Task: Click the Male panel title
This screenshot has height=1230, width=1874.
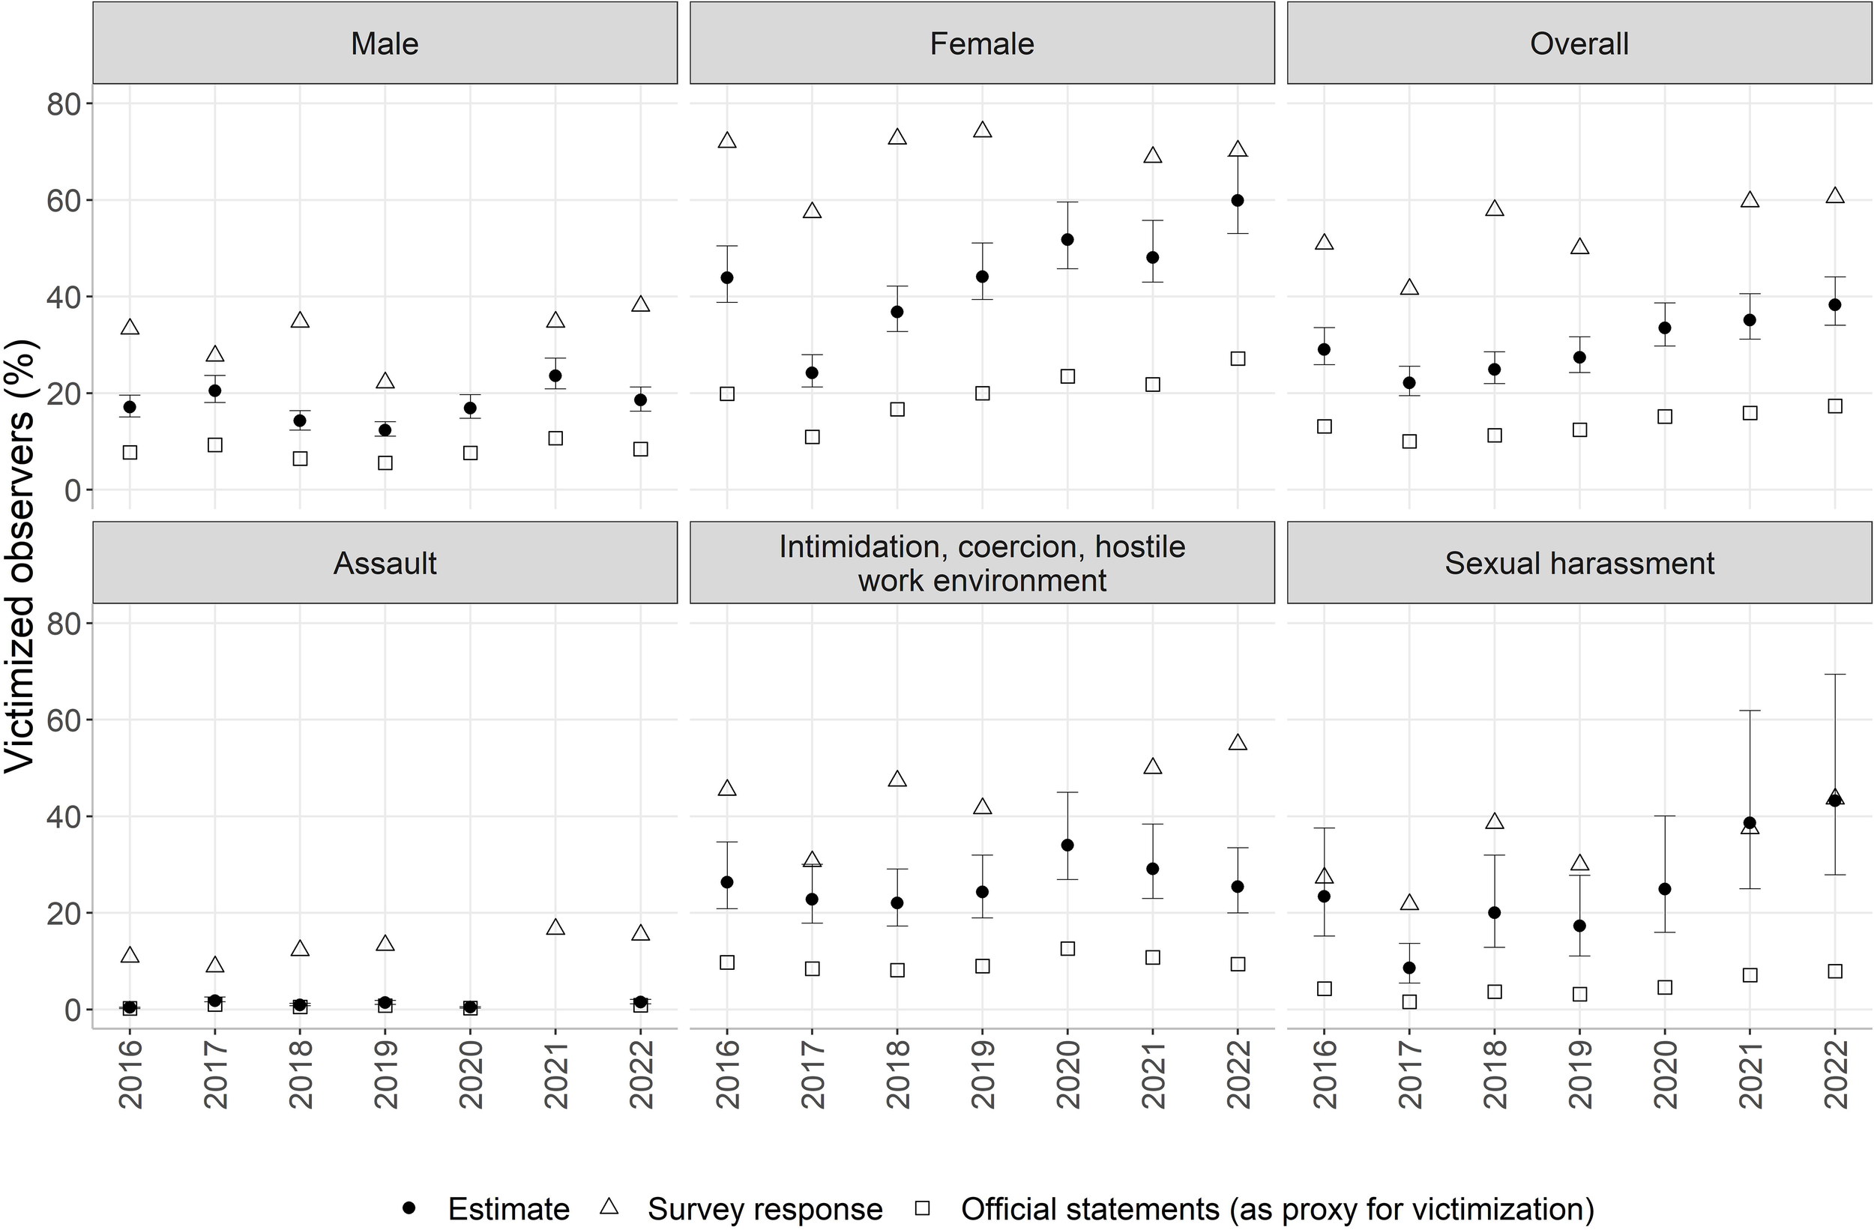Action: click(385, 43)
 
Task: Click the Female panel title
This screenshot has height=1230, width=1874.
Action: click(981, 43)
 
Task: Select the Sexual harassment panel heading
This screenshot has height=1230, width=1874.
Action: click(1579, 563)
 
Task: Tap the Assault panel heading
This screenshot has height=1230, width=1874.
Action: click(385, 563)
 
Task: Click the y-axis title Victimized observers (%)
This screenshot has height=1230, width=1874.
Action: click(19, 556)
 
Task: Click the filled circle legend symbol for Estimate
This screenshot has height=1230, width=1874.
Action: click(409, 1208)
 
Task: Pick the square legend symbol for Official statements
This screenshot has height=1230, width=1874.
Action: click(922, 1208)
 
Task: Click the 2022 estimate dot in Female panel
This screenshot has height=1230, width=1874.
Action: click(1237, 201)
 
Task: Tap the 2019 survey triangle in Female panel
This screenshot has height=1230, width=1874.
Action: click(982, 130)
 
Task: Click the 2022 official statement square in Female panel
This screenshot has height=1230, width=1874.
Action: click(1237, 358)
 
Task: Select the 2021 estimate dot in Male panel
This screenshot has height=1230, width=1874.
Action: click(555, 376)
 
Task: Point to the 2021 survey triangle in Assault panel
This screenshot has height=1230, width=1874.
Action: click(555, 928)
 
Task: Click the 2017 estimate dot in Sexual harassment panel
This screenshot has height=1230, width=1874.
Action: click(1408, 968)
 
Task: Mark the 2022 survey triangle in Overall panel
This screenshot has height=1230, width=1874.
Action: click(1834, 196)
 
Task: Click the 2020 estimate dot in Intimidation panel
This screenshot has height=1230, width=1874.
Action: click(1067, 845)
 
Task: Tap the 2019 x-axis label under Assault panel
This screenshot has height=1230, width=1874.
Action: click(385, 1074)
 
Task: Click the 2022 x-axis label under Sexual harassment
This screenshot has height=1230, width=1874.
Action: click(1834, 1074)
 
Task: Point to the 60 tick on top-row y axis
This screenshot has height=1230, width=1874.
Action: click(63, 201)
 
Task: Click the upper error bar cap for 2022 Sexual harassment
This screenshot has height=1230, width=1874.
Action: click(1834, 674)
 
